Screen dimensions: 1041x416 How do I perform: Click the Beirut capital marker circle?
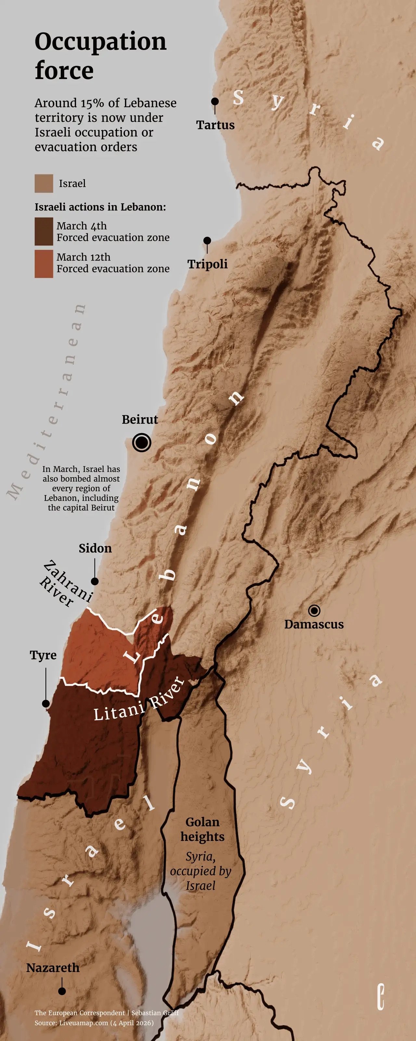142,442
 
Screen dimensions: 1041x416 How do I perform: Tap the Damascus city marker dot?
314,610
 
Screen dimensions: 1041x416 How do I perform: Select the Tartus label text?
215,125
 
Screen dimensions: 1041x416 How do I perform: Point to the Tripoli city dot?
207,240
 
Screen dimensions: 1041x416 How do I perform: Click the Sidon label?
95,548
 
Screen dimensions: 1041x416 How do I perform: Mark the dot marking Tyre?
45,704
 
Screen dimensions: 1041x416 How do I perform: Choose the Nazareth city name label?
53,968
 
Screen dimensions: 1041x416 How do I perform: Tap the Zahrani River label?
65,584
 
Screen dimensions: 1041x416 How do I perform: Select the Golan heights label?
202,829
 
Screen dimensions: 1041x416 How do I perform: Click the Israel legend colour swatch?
44,183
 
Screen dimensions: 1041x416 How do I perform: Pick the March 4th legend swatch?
44,232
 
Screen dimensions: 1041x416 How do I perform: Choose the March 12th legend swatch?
44,264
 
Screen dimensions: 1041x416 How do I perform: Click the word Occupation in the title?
100,42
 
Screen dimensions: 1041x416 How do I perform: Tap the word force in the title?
64,71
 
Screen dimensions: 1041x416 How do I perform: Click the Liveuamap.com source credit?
84,1023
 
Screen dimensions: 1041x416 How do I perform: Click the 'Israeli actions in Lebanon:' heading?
100,207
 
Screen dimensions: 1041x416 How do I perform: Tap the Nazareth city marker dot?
62,991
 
